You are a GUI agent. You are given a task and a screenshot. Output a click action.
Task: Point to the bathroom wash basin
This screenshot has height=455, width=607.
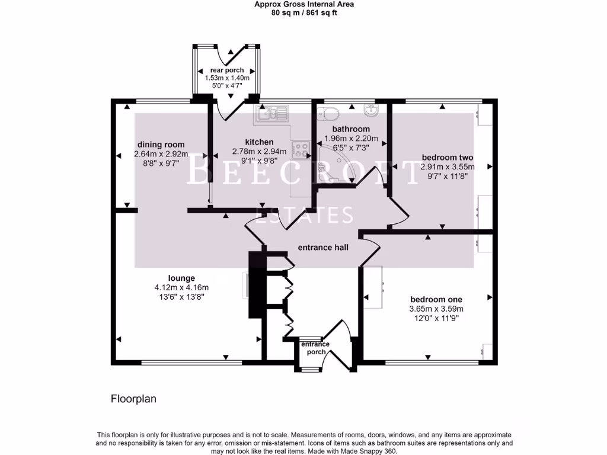tap(372, 110)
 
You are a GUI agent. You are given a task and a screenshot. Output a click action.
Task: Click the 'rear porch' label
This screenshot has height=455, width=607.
tap(226, 71)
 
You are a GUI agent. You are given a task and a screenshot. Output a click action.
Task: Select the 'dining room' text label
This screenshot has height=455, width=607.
tap(161, 145)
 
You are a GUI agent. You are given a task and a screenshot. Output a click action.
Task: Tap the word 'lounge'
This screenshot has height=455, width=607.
tap(181, 278)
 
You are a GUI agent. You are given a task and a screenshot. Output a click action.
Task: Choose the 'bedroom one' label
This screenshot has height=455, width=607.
tap(436, 299)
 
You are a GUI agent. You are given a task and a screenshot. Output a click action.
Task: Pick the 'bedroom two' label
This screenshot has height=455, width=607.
tap(447, 158)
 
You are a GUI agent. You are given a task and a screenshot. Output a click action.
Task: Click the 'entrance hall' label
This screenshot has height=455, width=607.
tap(322, 248)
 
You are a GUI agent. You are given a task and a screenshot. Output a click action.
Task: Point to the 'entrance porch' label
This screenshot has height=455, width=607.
tap(315, 348)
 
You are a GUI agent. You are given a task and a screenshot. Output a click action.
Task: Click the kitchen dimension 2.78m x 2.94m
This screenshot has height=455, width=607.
tap(260, 152)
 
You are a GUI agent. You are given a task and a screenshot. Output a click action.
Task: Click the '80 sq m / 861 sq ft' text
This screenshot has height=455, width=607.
tap(304, 12)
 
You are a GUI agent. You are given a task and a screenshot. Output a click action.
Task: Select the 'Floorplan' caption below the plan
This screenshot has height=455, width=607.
tap(133, 399)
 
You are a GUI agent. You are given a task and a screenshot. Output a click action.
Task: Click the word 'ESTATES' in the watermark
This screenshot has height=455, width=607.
tap(303, 214)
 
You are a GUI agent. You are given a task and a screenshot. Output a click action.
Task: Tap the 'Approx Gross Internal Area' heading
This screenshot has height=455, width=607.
tap(304, 4)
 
